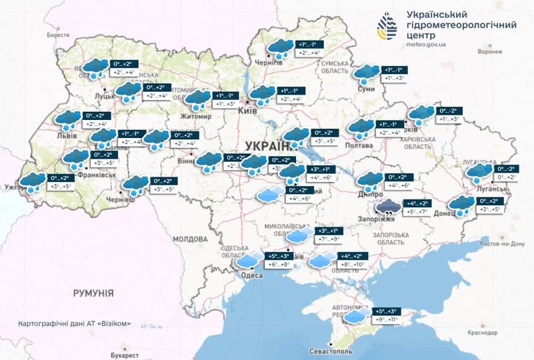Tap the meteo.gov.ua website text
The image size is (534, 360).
425,45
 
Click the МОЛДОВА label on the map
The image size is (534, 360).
191,239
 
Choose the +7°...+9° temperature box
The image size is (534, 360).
327,239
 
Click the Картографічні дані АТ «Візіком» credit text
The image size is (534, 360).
74,323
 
